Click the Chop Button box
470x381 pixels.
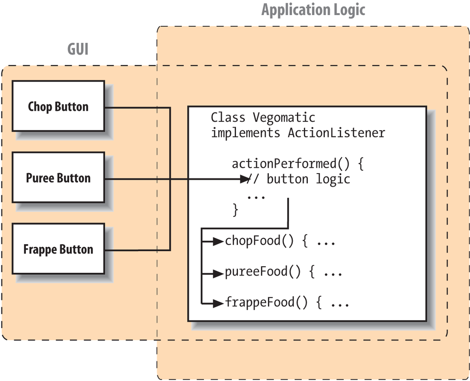coord(58,106)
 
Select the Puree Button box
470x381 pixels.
coord(58,178)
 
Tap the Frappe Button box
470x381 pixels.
coord(58,249)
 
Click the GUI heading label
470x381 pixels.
coord(78,49)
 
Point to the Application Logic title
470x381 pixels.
coord(313,10)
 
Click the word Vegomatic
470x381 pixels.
coord(284,117)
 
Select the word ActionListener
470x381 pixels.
coord(336,133)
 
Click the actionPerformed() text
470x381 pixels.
coord(291,165)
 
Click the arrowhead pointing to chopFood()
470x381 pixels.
coord(217,242)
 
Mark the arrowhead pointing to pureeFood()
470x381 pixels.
coord(217,272)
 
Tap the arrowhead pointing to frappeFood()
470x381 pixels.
coord(217,302)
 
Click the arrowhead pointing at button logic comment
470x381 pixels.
coord(244,179)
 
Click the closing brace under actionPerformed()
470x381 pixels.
coord(235,209)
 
